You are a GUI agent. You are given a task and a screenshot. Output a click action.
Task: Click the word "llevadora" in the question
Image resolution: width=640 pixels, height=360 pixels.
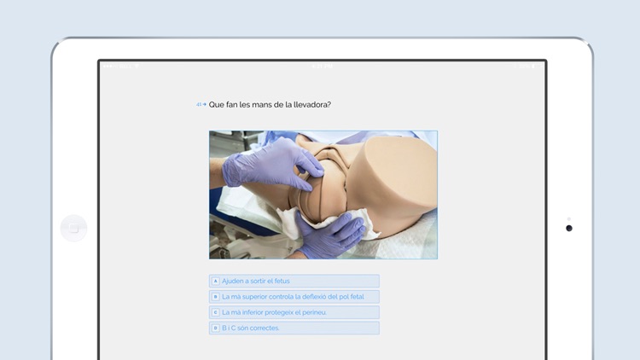pyautogui.click(x=311, y=105)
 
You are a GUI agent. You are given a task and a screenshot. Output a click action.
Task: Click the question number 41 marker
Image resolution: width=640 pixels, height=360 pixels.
pyautogui.click(x=201, y=105)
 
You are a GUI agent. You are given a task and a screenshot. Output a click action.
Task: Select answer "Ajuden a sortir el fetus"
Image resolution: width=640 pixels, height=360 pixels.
pyautogui.click(x=256, y=281)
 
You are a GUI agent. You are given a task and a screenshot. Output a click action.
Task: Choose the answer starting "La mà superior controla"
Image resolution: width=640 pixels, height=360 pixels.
pyautogui.click(x=293, y=297)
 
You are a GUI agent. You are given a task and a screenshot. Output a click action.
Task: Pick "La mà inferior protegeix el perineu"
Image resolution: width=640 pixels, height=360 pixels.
pyautogui.click(x=274, y=312)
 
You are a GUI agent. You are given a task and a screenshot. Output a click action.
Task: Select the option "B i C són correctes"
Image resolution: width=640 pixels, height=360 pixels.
pyautogui.click(x=250, y=328)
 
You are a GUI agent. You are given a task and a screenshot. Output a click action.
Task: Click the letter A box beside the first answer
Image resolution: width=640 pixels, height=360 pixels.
pyautogui.click(x=216, y=281)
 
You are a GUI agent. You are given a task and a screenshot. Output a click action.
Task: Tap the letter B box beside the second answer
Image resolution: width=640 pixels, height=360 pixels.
pyautogui.click(x=216, y=297)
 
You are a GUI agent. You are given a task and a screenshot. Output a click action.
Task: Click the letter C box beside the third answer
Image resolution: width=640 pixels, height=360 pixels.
pyautogui.click(x=216, y=312)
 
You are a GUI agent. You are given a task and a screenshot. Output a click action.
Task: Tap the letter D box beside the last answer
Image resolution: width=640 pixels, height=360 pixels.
pyautogui.click(x=216, y=328)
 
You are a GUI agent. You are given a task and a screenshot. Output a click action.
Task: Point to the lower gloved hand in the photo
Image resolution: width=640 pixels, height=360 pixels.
pyautogui.click(x=329, y=235)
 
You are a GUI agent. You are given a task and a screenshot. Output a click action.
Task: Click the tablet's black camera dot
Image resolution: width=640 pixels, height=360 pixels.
pyautogui.click(x=569, y=228)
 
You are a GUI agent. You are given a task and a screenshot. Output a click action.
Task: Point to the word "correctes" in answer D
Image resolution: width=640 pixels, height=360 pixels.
pyautogui.click(x=265, y=328)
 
